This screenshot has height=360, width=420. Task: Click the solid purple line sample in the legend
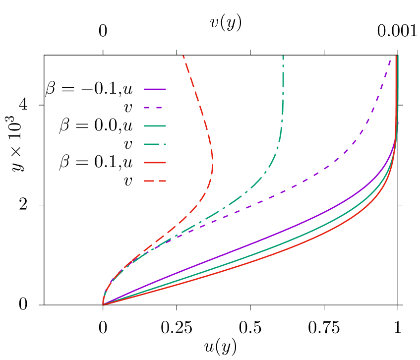(x=155, y=89)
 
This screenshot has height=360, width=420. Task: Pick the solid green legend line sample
(x=155, y=126)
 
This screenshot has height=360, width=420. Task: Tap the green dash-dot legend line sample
(x=151, y=144)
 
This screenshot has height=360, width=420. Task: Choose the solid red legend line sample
(x=155, y=163)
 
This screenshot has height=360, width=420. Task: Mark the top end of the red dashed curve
(x=183, y=56)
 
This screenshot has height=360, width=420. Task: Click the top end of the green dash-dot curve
(x=283, y=56)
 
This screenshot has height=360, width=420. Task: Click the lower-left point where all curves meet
(x=103, y=304)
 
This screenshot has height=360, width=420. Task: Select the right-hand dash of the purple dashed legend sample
(x=159, y=108)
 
